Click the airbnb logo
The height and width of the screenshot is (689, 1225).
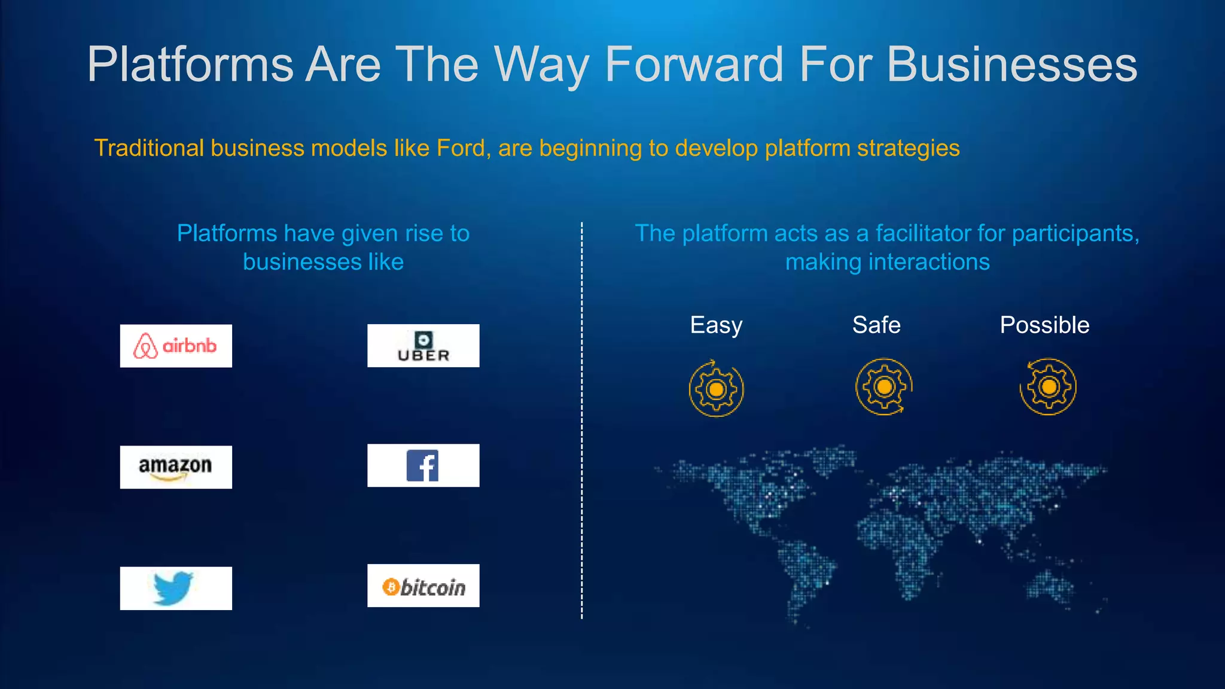click(x=176, y=346)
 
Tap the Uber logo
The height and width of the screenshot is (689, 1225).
click(x=423, y=346)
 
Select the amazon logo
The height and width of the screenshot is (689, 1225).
click(x=176, y=467)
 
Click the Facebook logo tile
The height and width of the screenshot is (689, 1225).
click(x=423, y=465)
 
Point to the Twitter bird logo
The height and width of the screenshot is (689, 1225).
click(x=173, y=588)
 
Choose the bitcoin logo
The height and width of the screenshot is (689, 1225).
click(x=423, y=586)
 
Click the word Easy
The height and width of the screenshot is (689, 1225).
click(x=716, y=325)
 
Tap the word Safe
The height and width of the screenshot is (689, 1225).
click(x=876, y=325)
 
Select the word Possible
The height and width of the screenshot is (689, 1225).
click(x=1044, y=325)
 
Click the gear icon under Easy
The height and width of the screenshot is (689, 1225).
click(x=716, y=389)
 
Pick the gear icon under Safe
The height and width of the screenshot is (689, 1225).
click(x=884, y=387)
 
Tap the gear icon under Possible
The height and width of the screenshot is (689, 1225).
click(x=1048, y=387)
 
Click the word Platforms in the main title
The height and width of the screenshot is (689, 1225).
click(x=190, y=65)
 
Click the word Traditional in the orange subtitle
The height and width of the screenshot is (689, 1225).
click(x=149, y=148)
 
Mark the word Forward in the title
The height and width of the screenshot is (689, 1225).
click(x=694, y=65)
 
